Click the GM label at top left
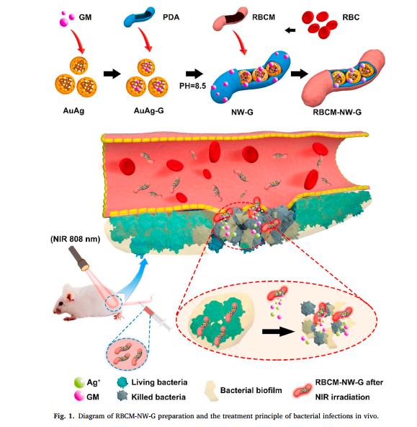coord(85,17)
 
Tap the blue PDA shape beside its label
coord(139,18)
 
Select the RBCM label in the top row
coord(264,17)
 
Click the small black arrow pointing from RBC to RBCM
coord(290,30)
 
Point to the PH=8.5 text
coord(192,86)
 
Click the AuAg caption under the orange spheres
coord(73,111)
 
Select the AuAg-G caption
coord(148,110)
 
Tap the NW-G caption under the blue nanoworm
coord(242,112)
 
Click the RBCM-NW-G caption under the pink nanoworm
coord(337,112)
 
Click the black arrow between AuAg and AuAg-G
coord(112,74)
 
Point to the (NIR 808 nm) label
coord(76,239)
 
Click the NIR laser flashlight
coord(79,258)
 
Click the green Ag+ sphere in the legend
coord(79,382)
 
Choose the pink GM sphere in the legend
coord(79,396)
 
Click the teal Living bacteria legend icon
coord(122,382)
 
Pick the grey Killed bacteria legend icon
coord(122,396)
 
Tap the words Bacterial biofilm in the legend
coord(251,390)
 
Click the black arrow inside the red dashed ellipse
coord(279,332)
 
